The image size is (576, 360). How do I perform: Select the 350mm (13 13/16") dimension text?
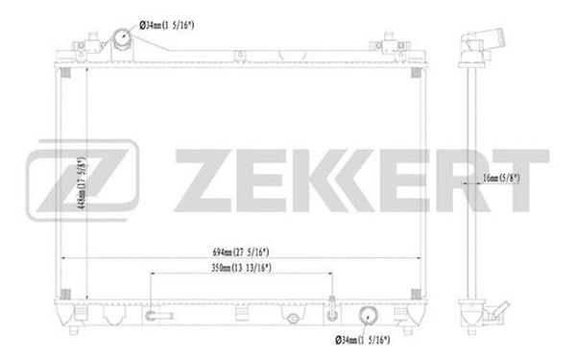241,269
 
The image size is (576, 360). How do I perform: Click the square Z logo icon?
84,180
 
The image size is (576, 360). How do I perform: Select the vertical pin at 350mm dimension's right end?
330,309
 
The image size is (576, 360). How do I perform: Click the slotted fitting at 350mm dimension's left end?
155,315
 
